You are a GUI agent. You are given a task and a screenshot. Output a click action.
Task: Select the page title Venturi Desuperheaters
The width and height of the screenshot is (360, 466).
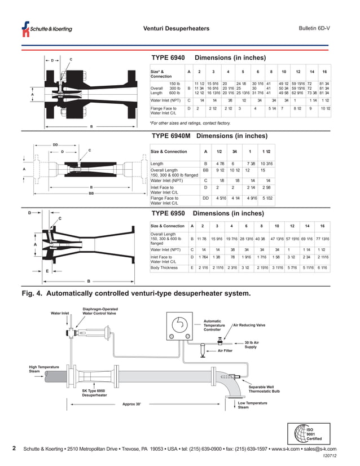pos(176,29)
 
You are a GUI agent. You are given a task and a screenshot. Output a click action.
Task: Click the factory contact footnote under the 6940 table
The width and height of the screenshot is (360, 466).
pos(190,122)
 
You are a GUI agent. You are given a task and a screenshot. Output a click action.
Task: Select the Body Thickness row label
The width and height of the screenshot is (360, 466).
pos(165,267)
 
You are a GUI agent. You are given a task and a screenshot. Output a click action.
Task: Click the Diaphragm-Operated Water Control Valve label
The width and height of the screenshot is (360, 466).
pos(101,311)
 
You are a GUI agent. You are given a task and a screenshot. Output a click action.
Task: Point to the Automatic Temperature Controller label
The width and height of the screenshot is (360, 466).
pos(214,326)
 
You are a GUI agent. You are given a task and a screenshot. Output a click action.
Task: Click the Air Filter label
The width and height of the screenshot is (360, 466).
pos(225,350)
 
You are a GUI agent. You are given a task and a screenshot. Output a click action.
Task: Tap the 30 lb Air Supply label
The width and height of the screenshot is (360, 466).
pos(252,344)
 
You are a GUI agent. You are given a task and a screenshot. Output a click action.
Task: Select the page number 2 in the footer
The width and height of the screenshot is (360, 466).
pos(14,449)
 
